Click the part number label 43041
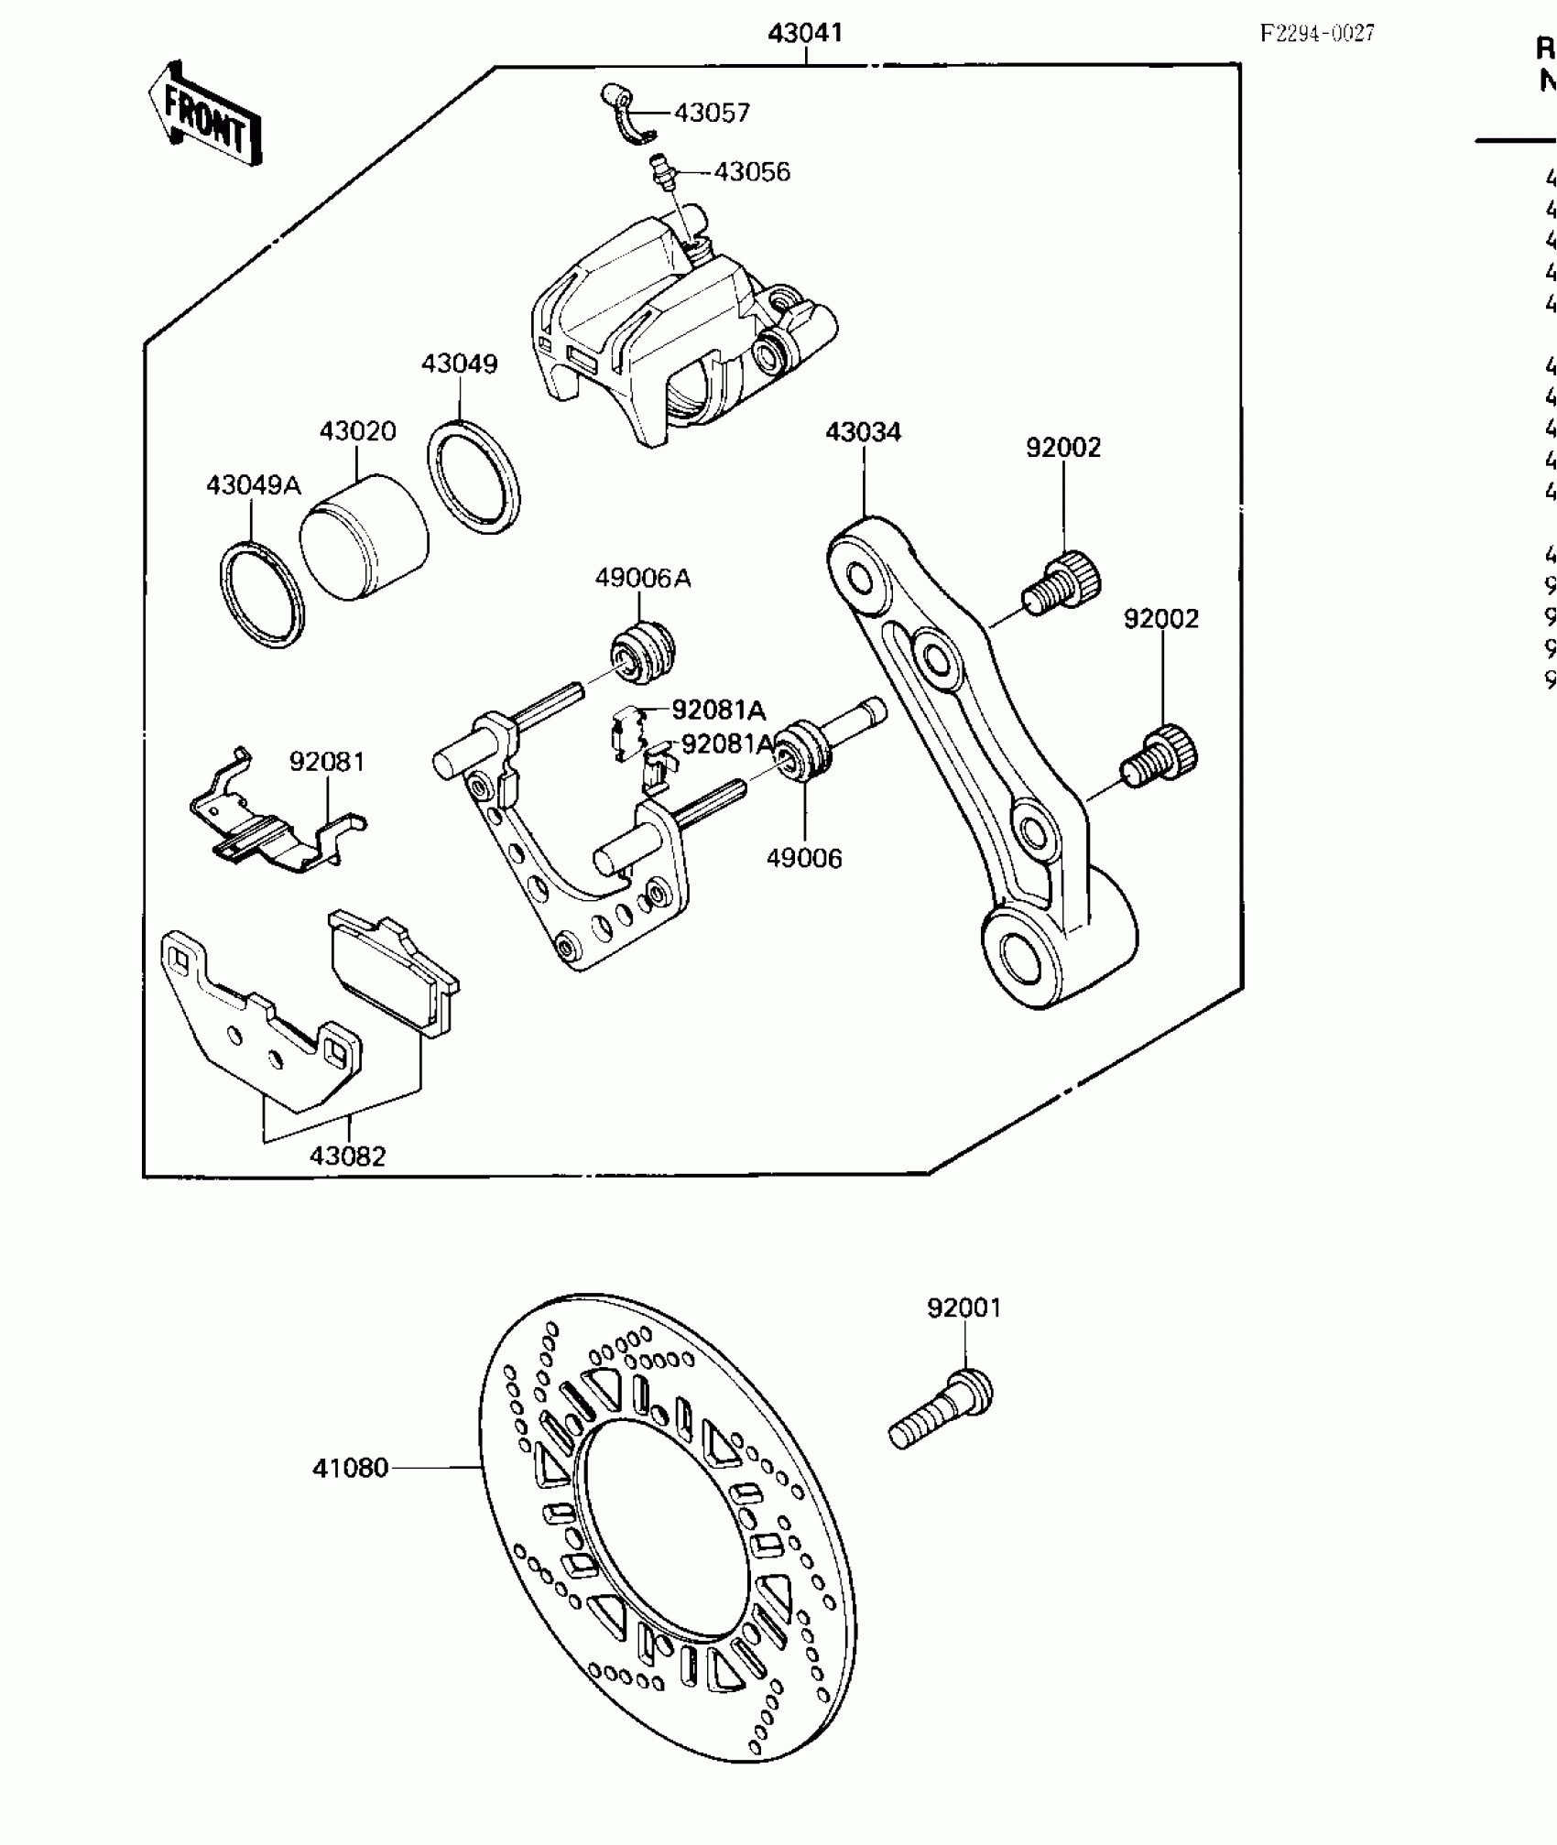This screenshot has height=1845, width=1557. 805,34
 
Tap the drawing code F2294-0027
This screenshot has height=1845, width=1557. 1317,34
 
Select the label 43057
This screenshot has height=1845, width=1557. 712,113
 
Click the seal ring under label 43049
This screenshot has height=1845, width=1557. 474,476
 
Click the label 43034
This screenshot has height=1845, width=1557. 863,432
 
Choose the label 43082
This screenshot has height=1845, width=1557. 347,1156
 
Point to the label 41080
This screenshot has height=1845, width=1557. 351,1468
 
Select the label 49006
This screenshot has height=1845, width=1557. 804,858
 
